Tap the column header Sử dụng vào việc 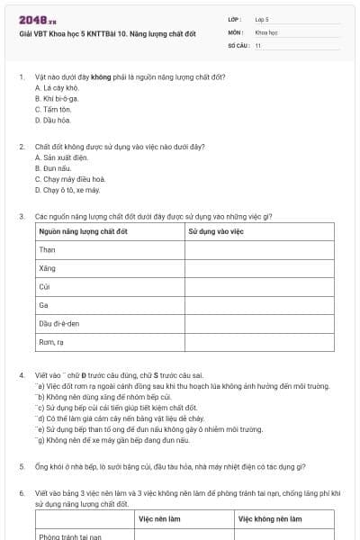pyautogui.click(x=215, y=232)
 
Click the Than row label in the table pyautogui.click(x=48, y=250)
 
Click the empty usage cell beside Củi pyautogui.click(x=258, y=287)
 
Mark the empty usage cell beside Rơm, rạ pyautogui.click(x=258, y=342)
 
